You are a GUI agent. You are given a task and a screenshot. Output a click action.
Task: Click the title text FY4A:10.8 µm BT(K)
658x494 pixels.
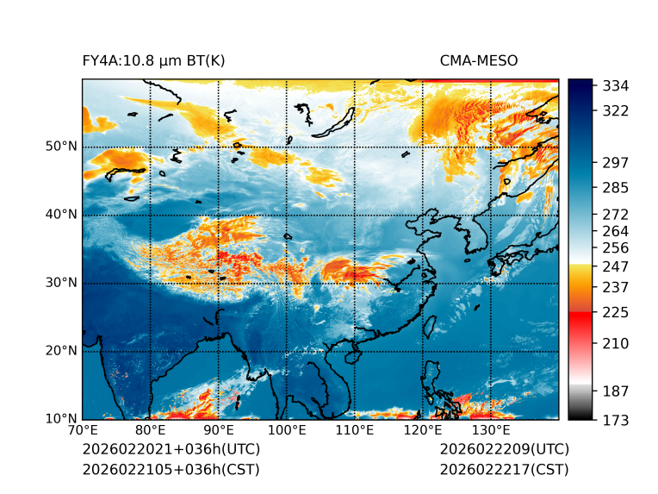154,61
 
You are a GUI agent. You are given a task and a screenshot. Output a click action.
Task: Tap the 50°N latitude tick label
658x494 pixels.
61,147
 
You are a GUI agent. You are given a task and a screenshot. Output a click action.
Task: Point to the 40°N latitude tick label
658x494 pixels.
61,215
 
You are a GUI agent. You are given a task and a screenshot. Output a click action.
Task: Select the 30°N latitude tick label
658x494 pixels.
61,283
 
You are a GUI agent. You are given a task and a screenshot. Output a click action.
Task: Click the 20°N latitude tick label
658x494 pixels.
61,351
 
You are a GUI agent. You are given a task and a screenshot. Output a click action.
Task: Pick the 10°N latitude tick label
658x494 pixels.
61,420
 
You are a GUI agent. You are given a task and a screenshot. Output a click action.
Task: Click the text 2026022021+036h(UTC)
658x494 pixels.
171,450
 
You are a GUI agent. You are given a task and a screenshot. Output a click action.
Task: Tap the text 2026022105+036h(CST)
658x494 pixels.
171,470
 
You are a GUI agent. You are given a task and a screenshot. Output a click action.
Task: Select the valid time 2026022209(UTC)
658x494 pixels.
504,450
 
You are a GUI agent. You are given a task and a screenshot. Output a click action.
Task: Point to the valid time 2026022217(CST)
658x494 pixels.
504,470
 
